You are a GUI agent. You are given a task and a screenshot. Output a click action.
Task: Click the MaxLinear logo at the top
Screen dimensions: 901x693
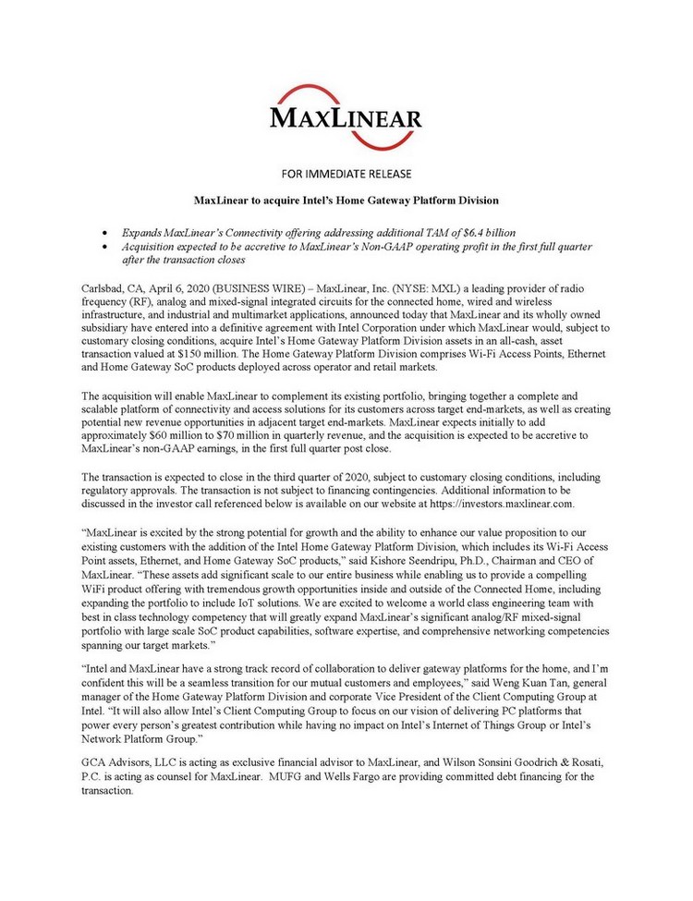[x=346, y=117]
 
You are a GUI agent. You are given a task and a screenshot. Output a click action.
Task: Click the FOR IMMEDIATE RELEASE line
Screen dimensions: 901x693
[x=346, y=173]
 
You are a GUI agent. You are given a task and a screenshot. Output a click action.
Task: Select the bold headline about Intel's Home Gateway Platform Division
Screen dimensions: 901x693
[x=346, y=200]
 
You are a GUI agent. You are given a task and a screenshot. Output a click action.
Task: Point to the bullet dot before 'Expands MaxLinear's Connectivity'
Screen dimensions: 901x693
[x=112, y=228]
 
